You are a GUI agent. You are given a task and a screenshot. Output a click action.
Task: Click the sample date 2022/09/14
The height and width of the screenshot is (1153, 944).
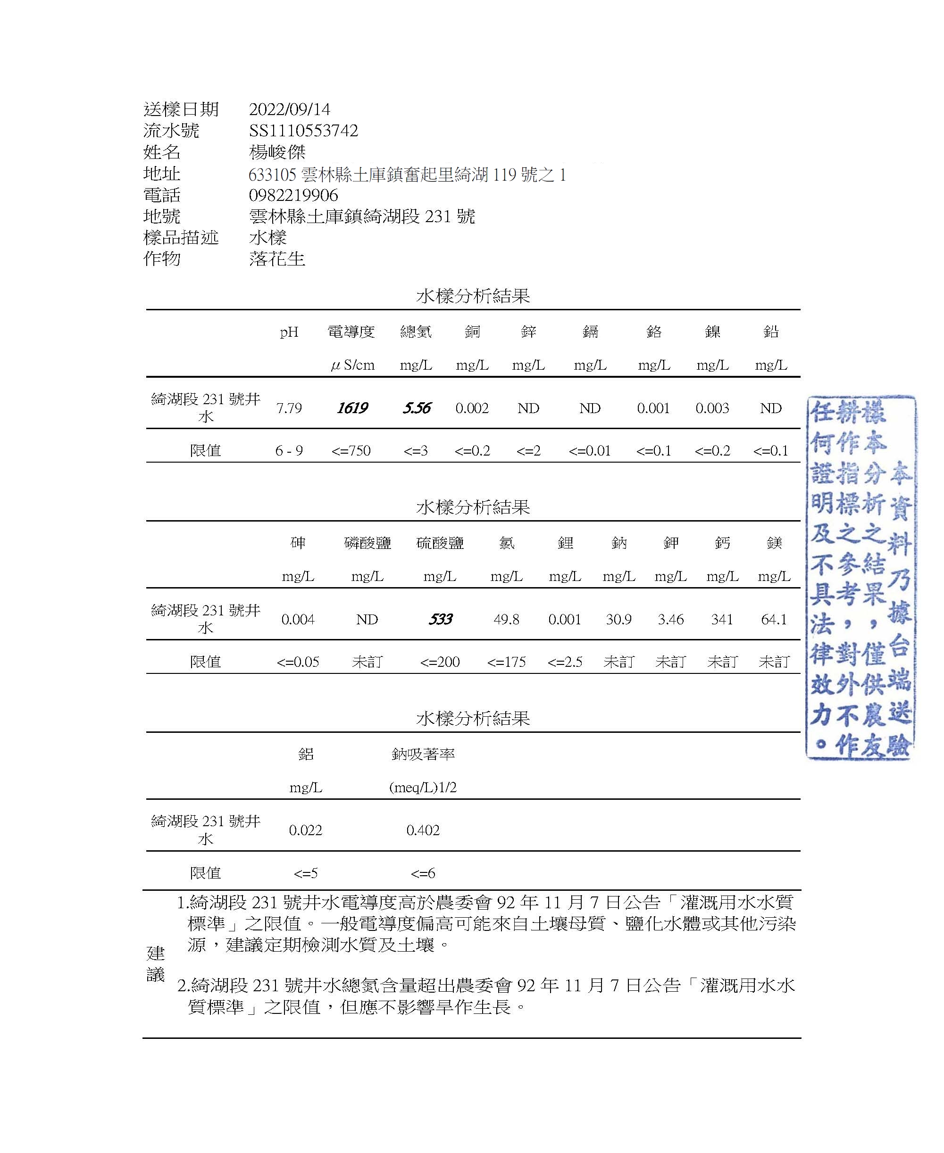(x=289, y=109)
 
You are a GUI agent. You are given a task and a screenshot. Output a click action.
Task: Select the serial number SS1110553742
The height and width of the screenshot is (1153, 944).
(x=303, y=131)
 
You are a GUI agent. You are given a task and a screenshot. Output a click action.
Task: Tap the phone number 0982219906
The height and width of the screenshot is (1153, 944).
(x=293, y=195)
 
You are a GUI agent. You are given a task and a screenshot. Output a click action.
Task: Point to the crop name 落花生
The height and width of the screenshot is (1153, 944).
(x=277, y=259)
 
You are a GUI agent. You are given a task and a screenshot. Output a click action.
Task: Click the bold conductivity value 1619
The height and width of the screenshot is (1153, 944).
(x=352, y=408)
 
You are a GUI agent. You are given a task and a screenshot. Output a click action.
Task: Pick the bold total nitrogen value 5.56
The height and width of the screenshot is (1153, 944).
(x=417, y=408)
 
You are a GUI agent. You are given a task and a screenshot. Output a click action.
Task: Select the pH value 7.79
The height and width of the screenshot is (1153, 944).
(x=289, y=408)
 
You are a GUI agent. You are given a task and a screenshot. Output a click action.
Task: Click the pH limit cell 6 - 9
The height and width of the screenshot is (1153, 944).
(x=289, y=451)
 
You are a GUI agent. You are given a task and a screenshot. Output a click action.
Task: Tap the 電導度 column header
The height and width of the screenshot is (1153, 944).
(x=351, y=332)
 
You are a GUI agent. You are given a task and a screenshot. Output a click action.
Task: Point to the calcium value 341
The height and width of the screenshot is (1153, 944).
(x=722, y=619)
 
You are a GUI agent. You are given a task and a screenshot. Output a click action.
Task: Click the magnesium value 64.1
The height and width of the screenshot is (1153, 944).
(x=774, y=619)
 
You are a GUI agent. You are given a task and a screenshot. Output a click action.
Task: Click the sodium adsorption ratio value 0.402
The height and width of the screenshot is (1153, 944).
(x=423, y=830)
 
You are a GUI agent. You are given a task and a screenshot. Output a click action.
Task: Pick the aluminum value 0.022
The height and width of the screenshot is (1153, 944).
(x=306, y=830)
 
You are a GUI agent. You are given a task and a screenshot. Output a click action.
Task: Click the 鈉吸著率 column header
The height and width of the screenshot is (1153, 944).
(x=423, y=754)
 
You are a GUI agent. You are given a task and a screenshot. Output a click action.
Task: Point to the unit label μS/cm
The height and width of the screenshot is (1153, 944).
(x=352, y=365)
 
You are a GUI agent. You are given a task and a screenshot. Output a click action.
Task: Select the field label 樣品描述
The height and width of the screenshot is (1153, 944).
(x=181, y=238)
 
